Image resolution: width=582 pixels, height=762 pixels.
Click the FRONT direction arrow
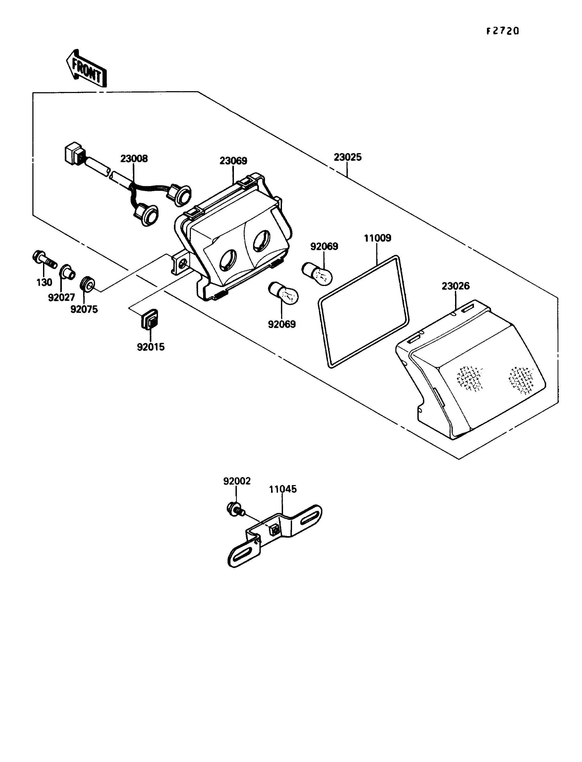tap(86, 68)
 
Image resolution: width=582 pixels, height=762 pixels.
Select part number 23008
tap(134, 159)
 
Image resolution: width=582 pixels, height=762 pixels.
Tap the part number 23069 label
tap(233, 161)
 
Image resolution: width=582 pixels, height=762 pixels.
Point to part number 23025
tap(348, 157)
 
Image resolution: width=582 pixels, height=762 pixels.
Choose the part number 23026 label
tap(456, 286)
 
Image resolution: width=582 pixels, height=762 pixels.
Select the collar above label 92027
tap(67, 272)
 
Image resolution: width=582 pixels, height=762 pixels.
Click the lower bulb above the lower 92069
tap(284, 292)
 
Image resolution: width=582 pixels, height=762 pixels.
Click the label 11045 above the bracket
tap(283, 489)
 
